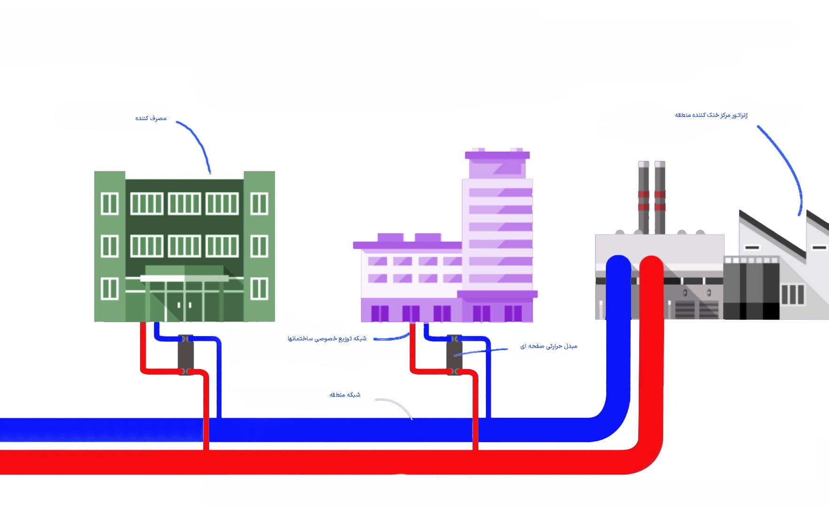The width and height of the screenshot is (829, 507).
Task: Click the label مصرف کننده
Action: (151, 118)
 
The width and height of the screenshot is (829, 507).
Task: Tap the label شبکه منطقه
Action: (344, 395)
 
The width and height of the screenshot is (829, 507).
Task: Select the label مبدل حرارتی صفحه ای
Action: (548, 346)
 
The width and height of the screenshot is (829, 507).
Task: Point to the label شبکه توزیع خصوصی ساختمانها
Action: (327, 338)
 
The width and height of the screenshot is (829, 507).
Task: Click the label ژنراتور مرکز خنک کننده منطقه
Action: (711, 115)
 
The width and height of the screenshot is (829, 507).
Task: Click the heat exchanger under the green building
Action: (186, 354)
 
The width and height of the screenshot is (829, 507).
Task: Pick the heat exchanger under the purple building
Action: (454, 354)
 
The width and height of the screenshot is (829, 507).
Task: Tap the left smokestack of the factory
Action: (643, 197)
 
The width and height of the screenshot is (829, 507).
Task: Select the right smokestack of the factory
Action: (660, 197)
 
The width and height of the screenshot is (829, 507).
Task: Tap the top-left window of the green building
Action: (109, 203)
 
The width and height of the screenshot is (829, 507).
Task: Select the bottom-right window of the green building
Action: (259, 288)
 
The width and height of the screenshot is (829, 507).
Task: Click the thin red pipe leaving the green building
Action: (142, 347)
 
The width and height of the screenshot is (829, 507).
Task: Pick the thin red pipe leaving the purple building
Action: (412, 347)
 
